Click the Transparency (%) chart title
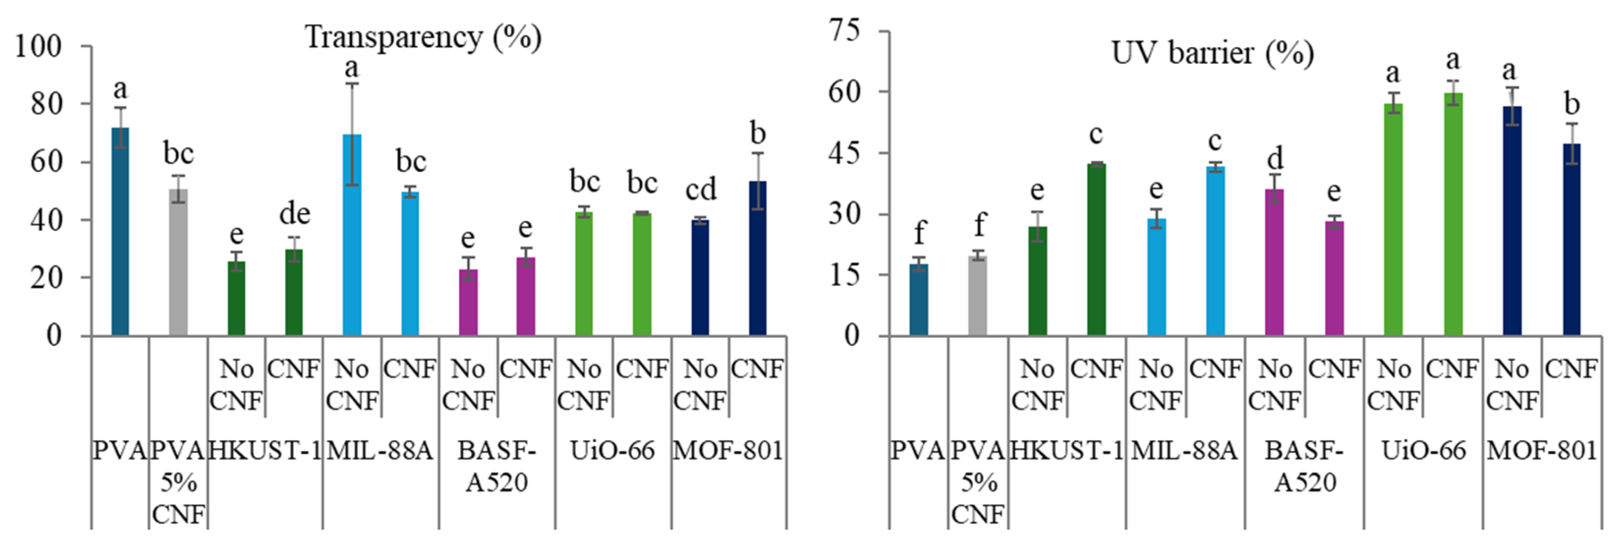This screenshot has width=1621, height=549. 423,38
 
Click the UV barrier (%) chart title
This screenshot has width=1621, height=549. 1212,53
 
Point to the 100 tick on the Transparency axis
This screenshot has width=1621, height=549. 39,46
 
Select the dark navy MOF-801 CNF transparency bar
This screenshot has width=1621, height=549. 758,258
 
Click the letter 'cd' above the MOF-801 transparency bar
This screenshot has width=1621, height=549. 700,190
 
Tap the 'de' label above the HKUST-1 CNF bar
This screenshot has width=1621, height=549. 295,214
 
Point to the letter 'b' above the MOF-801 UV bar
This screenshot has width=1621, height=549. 1571,104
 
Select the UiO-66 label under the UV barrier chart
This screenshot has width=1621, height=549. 1424,451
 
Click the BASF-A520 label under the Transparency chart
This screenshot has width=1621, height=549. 497,466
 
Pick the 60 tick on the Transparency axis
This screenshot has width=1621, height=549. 46,162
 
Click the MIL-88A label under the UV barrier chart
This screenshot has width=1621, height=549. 1184,451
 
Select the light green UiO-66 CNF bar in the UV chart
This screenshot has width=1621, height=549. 1453,214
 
